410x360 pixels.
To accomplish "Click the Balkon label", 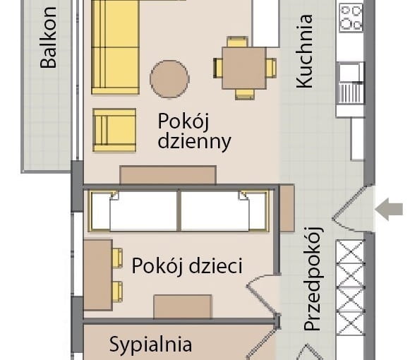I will pyautogui.click(x=48, y=48).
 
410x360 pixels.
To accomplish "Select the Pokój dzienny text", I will pyautogui.click(x=194, y=131).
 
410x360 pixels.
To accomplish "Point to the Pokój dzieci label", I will pyautogui.click(x=187, y=266).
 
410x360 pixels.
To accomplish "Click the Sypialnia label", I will pyautogui.click(x=150, y=344).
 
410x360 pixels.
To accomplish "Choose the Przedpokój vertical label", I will pyautogui.click(x=313, y=279).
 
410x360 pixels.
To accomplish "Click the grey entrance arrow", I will pyautogui.click(x=389, y=210).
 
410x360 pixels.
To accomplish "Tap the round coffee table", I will pyautogui.click(x=169, y=78).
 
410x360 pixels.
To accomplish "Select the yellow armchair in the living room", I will pyautogui.click(x=114, y=130).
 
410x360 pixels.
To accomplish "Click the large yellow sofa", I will pyautogui.click(x=115, y=47).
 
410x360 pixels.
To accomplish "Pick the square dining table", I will pyautogui.click(x=244, y=68).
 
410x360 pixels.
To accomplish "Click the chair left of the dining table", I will pyautogui.click(x=219, y=68).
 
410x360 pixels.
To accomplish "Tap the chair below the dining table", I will pyautogui.click(x=244, y=93).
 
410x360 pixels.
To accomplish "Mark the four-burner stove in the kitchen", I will pyautogui.click(x=351, y=18).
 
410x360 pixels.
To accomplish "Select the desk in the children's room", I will pyautogui.click(x=97, y=275).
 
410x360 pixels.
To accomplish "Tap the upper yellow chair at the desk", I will pyautogui.click(x=116, y=258).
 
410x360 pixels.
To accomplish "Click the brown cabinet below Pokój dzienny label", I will pyautogui.click(x=168, y=175).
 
